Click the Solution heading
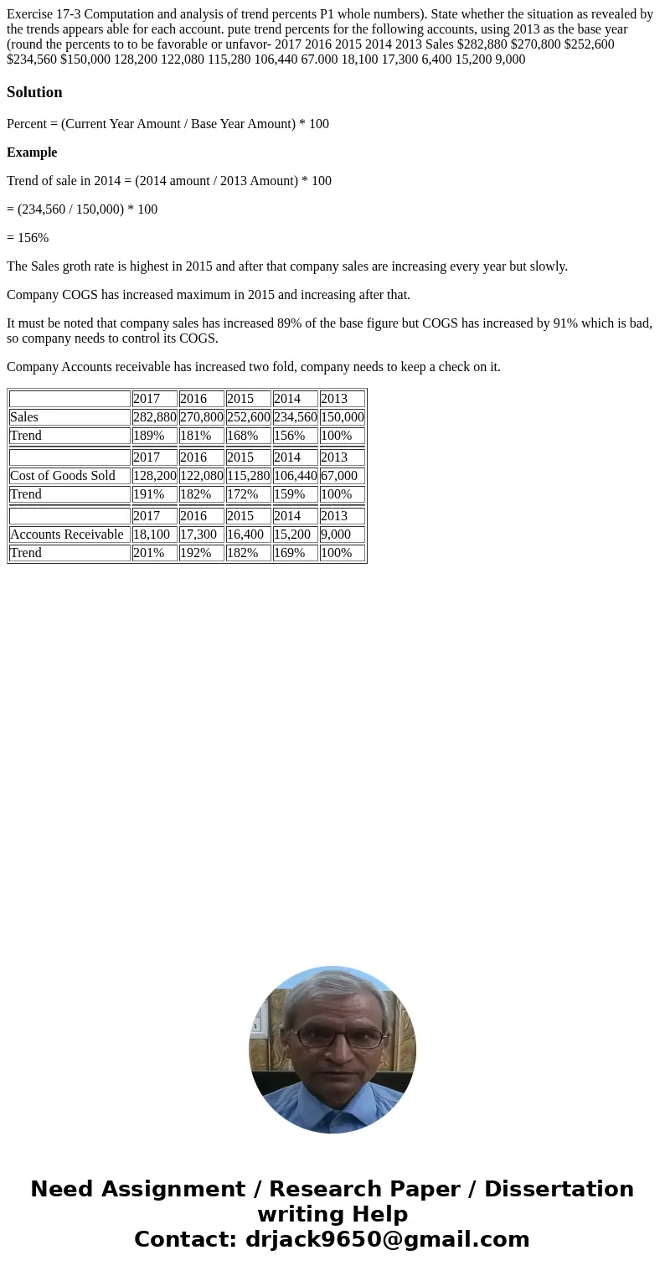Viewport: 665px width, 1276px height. coord(34,92)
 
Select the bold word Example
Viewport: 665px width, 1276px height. coord(32,152)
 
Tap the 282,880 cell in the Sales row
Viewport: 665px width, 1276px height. coord(154,417)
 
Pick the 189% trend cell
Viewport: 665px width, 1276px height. coord(149,436)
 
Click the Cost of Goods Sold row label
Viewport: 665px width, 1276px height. coord(63,476)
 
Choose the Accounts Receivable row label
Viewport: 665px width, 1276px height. coord(67,535)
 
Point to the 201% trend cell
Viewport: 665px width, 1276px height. coord(149,553)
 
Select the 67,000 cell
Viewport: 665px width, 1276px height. coord(339,476)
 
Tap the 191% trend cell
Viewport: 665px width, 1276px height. coord(149,494)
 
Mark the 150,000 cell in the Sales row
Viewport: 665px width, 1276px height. coord(342,417)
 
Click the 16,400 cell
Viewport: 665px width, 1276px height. coord(245,535)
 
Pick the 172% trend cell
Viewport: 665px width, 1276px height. coord(243,494)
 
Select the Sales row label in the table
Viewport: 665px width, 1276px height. coord(24,417)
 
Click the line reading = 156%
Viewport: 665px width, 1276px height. coord(28,238)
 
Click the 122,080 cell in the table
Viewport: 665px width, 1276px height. coord(201,476)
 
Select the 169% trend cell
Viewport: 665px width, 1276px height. coord(290,553)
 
